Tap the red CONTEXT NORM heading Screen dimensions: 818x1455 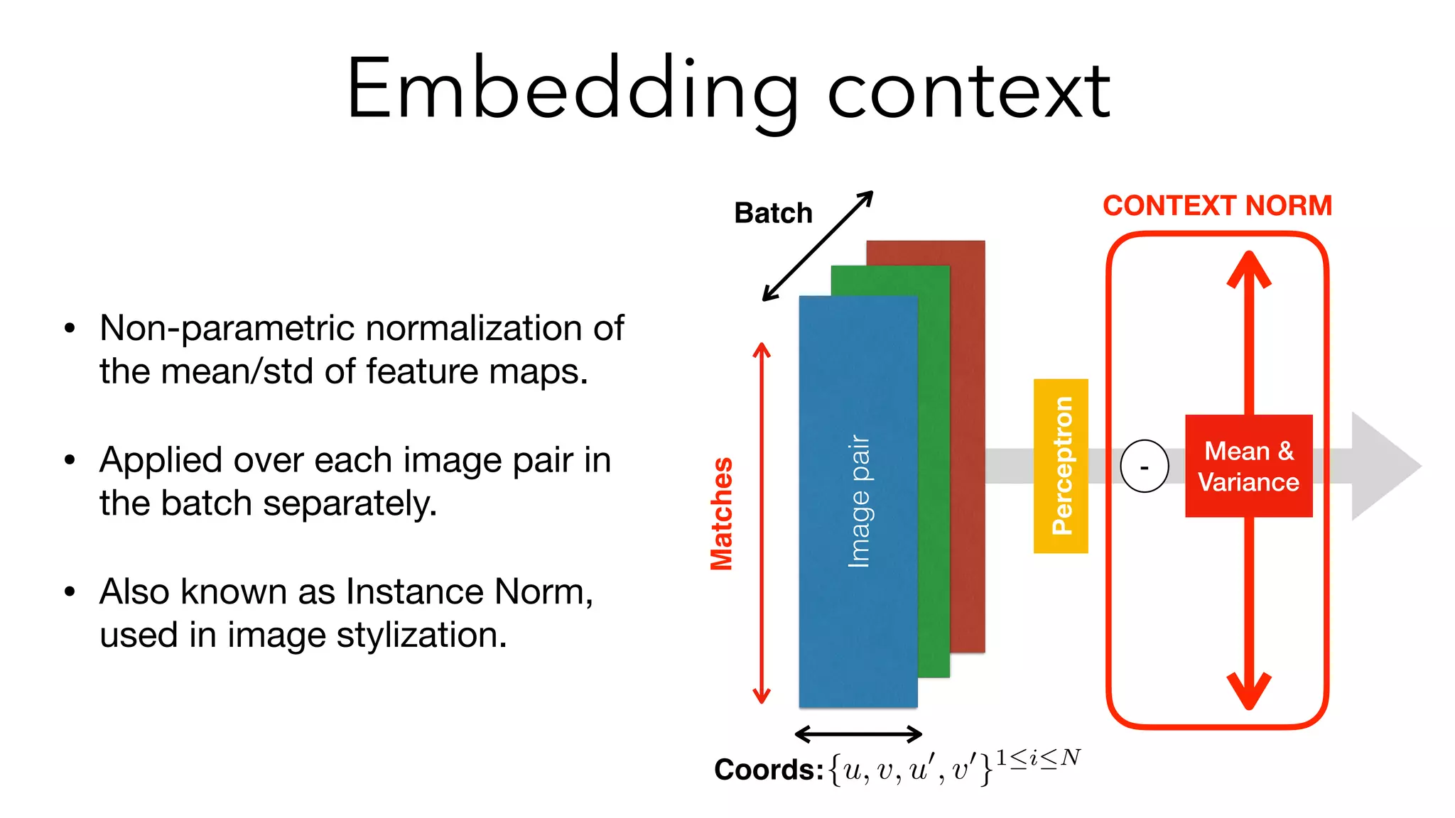pyautogui.click(x=1217, y=206)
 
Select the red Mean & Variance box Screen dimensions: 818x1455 pyautogui.click(x=1248, y=466)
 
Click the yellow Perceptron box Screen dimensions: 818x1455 pyautogui.click(x=1061, y=466)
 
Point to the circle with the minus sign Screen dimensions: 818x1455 pyautogui.click(x=1144, y=467)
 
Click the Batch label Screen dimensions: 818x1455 pyautogui.click(x=773, y=213)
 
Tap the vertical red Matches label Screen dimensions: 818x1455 pyautogui.click(x=722, y=513)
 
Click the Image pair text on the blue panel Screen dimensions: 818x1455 pyautogui.click(x=859, y=501)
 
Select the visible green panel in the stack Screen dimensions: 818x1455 pyautogui.click(x=934, y=469)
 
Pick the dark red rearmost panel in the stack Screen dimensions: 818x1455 pyautogui.click(x=968, y=440)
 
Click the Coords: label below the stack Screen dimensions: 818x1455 pyautogui.click(x=768, y=770)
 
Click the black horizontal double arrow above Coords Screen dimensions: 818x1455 pyautogui.click(x=858, y=734)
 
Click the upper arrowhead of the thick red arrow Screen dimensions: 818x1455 pyautogui.click(x=1248, y=270)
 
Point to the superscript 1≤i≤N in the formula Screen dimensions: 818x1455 pyautogui.click(x=1038, y=758)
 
